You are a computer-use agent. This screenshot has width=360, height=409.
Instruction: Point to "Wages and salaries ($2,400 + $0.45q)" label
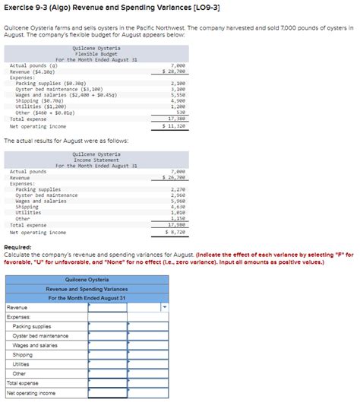[64, 94]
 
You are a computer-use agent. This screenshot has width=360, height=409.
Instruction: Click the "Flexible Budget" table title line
[96, 53]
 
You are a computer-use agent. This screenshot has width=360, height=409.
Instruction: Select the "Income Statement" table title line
[96, 160]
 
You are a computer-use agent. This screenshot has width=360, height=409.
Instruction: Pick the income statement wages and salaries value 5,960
[178, 201]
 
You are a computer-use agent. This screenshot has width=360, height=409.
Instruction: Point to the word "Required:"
[17, 248]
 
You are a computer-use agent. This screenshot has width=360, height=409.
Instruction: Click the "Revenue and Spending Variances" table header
[87, 289]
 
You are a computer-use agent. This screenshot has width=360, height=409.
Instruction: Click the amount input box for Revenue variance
[107, 308]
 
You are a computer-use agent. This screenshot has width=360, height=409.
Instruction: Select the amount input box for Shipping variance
[107, 355]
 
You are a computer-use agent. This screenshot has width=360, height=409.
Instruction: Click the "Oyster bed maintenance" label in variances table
[40, 336]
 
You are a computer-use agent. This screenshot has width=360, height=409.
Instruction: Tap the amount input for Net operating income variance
[107, 393]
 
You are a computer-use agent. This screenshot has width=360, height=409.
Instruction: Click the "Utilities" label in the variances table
[21, 364]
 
